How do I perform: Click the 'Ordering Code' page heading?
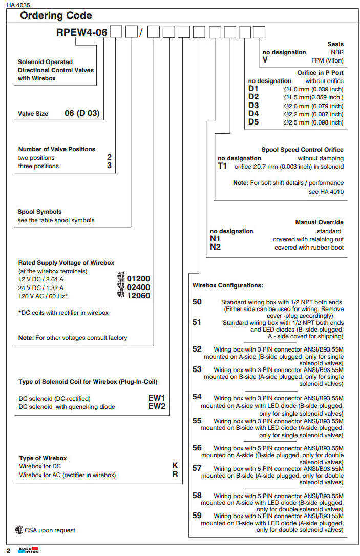coord(56,16)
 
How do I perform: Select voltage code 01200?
coord(138,279)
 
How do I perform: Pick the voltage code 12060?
coord(138,296)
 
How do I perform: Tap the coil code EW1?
coord(157,398)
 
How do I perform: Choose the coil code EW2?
coord(157,406)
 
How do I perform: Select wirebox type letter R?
coord(175,475)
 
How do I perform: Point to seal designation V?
coord(265,60)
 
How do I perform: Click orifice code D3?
coord(253,106)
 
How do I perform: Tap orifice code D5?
coord(253,122)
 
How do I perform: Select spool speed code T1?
coord(223,167)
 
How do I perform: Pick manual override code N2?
coord(215,248)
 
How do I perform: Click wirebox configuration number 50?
coord(197,302)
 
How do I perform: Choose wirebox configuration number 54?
coord(197,397)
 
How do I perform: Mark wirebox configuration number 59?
coord(197,516)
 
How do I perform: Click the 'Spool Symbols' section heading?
coord(39,212)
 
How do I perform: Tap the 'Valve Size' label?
coord(33,114)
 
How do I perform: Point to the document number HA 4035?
coord(18,5)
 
